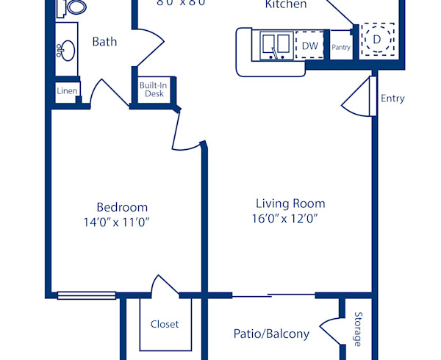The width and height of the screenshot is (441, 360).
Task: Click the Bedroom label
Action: [122, 207]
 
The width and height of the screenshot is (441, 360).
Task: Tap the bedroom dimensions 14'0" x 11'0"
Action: [122, 221]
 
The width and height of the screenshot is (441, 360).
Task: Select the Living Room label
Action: [290, 204]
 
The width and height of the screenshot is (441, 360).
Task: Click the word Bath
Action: [104, 42]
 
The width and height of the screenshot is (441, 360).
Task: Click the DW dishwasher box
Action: [309, 46]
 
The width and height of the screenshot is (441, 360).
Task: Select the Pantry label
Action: [341, 48]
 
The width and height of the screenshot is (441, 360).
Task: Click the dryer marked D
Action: [377, 38]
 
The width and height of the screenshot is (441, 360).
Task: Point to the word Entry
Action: [392, 98]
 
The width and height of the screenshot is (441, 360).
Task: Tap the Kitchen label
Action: [286, 4]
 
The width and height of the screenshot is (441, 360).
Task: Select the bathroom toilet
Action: [71, 7]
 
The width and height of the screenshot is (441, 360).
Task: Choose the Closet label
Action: [165, 324]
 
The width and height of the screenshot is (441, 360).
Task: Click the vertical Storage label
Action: [358, 329]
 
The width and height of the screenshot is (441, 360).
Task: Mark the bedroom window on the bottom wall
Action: [87, 295]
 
